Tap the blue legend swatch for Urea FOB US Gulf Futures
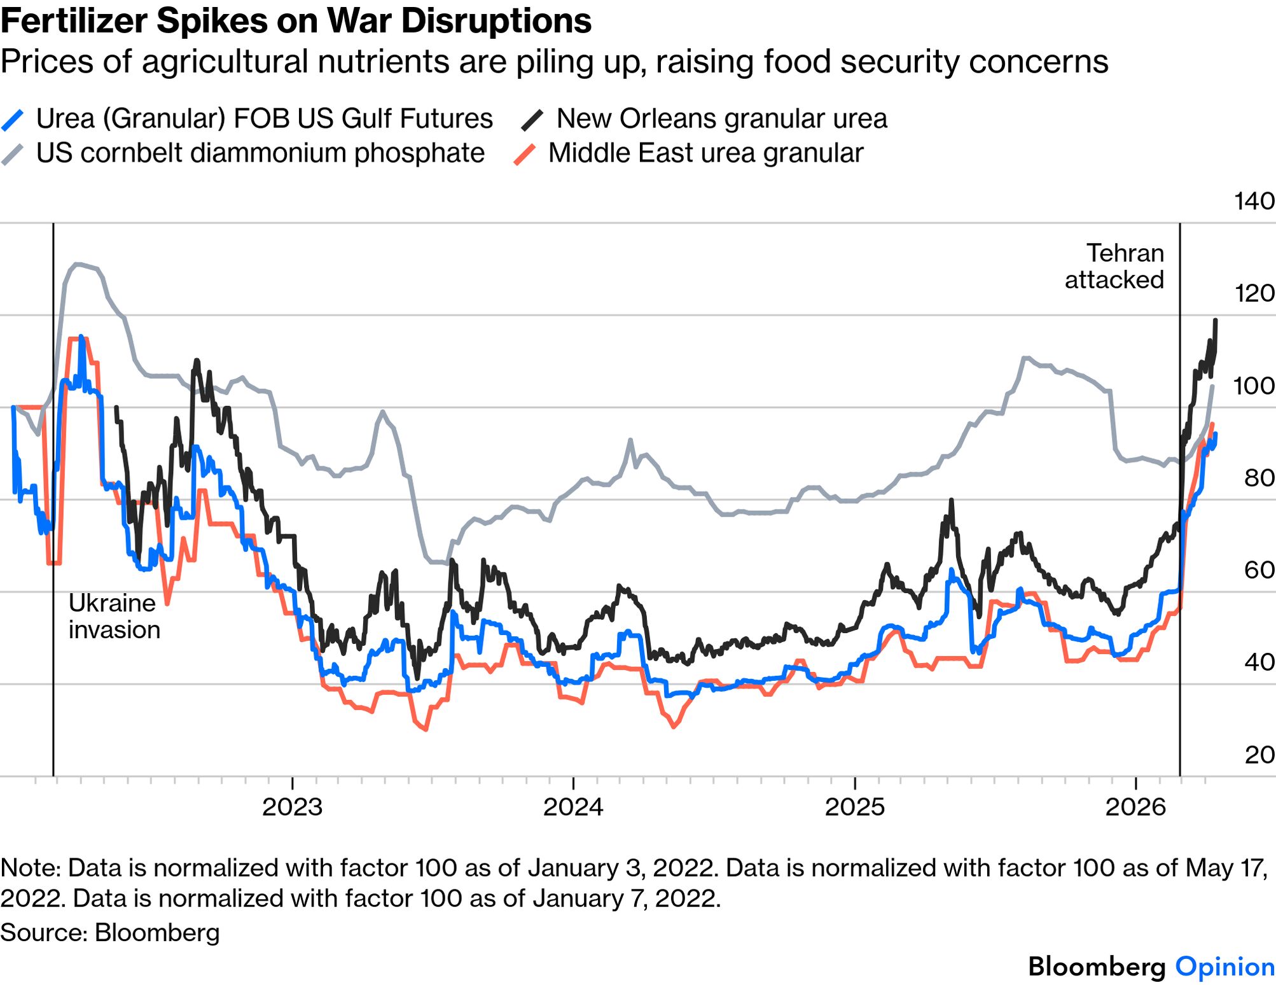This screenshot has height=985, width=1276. point(13,120)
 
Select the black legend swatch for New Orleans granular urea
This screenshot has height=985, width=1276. point(532,120)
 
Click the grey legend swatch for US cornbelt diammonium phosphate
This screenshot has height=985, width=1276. point(13,154)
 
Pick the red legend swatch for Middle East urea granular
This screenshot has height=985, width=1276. point(525,154)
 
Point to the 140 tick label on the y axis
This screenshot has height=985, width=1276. point(1254,201)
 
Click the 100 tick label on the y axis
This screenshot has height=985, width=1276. point(1254,386)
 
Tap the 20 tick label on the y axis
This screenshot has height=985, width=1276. point(1259,755)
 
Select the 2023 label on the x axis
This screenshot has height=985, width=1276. point(292,807)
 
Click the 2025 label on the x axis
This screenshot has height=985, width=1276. point(854,807)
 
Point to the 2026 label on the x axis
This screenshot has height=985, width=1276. point(1135,807)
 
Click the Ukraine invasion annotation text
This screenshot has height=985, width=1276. point(114,616)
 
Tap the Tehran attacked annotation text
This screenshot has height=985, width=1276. point(1114,266)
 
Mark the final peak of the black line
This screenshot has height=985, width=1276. point(1216,321)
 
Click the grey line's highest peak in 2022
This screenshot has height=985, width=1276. point(77,263)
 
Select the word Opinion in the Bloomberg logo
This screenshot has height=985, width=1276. point(1224,966)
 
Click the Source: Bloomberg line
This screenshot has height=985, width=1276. point(110,932)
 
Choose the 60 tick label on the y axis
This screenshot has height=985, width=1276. point(1259,570)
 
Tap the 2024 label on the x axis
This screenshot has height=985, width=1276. point(573,807)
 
